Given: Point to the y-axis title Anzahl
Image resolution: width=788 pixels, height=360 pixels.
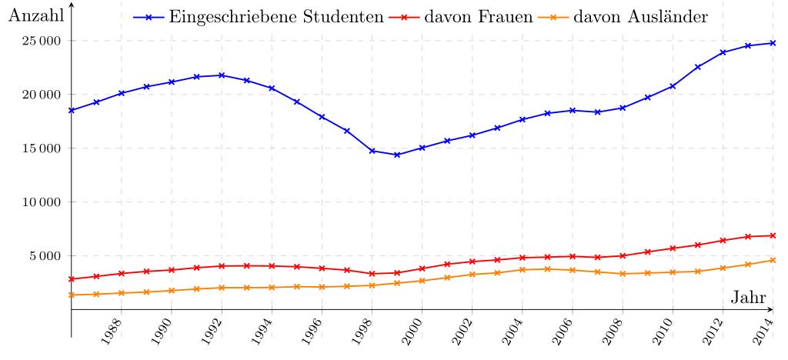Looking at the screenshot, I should pos(34,16).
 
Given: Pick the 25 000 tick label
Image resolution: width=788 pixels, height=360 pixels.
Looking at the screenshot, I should pos(41,41).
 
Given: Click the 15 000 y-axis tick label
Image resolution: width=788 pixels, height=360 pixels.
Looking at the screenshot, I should pos(41,148).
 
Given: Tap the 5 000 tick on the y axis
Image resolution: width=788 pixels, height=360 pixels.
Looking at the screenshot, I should pos(45,256).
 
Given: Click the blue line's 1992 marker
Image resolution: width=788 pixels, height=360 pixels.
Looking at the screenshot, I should pos(222,75).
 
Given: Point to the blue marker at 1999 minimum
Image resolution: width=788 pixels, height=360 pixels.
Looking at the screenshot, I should pos(397,155).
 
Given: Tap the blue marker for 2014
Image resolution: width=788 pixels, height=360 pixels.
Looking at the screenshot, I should pos(773,43).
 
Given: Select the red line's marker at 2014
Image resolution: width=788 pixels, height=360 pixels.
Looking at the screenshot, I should pos(773,235).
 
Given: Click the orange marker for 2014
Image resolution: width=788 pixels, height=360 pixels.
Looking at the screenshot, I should pos(773,260).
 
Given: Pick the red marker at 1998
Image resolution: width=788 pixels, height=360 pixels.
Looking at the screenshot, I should pos(372,274).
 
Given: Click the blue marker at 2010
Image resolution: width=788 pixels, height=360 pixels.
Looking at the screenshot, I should pos(673,86).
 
